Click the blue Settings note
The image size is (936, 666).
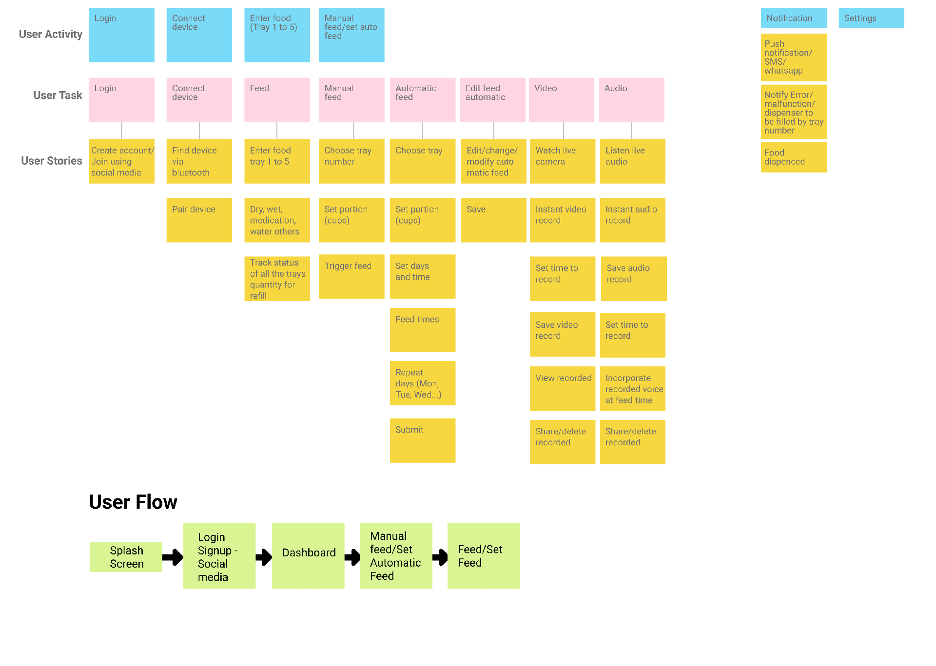tap(871, 18)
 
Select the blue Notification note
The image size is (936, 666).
tap(793, 18)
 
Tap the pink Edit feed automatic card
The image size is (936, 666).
tap(492, 100)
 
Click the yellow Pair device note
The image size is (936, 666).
tap(199, 220)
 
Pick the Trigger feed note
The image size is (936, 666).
tap(351, 276)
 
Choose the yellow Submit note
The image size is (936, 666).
tap(422, 440)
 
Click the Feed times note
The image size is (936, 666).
tap(422, 330)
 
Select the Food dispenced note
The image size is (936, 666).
tap(793, 157)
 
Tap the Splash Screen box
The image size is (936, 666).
tap(126, 557)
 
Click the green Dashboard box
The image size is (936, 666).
tap(308, 556)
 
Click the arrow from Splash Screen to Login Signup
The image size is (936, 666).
tap(173, 557)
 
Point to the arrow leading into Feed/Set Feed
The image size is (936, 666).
tap(440, 557)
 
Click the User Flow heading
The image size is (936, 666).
tap(133, 502)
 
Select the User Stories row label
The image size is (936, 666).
tap(51, 161)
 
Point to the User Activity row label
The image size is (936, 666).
tap(50, 34)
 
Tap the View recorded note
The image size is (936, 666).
tap(562, 388)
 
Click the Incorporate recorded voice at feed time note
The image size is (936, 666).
tap(632, 389)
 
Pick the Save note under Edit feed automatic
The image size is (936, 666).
tap(493, 220)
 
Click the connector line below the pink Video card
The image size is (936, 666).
tap(564, 131)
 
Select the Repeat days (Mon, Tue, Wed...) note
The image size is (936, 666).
tap(422, 383)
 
